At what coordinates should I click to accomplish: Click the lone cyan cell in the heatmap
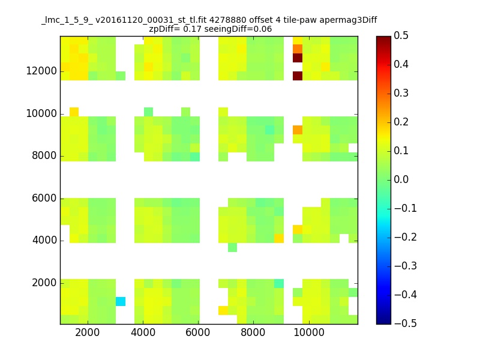click(121, 301)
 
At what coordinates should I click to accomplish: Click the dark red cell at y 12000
click(298, 76)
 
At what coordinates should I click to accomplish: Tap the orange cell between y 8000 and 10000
click(298, 130)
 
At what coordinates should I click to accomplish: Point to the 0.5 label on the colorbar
click(401, 36)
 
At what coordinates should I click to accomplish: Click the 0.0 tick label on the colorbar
click(401, 179)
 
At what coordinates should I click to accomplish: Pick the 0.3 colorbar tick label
click(401, 93)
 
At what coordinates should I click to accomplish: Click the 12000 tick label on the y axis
click(41, 71)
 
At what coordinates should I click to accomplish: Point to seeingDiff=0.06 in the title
click(241, 29)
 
